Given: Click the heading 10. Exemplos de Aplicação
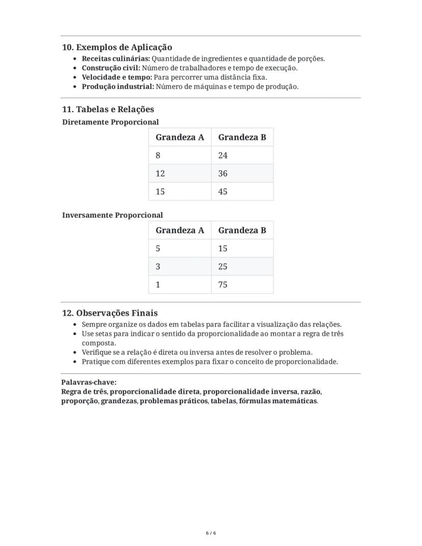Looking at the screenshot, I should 117,47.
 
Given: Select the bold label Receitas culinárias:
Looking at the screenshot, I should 116,59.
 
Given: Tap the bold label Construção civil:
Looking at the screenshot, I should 111,68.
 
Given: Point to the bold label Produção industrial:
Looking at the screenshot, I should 118,87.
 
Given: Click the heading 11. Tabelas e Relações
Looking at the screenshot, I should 108,109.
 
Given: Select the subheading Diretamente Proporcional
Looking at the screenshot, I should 110,122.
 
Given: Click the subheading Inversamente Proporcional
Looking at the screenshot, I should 112,215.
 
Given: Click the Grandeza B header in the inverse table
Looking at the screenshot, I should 242,230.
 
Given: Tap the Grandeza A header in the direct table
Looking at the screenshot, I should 179,137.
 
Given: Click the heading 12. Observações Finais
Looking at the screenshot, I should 110,313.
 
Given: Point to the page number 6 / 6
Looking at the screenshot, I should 211,533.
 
